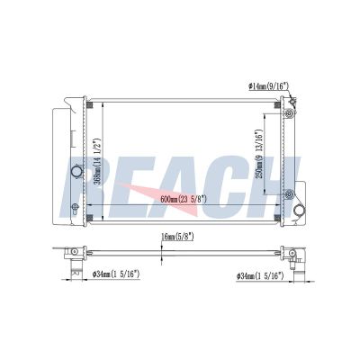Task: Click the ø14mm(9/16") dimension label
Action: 268,86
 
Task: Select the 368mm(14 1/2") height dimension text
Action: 97,162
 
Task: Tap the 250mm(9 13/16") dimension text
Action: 259,154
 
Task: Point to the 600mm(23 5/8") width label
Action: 184,199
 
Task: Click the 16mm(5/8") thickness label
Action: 177,237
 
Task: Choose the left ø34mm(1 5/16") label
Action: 116,274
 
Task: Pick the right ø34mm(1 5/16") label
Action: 260,275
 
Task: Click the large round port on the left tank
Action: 76,172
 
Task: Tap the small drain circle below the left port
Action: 75,207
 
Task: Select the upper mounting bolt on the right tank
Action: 289,113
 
